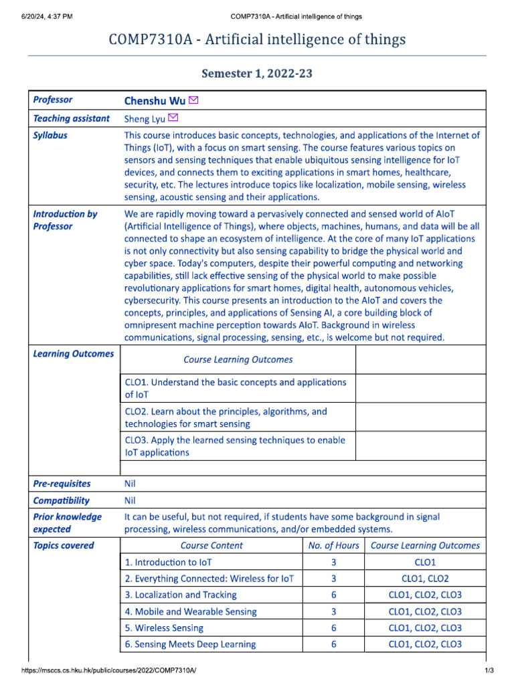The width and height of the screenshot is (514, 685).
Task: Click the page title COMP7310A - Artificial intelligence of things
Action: coord(257,40)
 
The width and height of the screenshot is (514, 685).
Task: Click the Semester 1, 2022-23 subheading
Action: coord(257,74)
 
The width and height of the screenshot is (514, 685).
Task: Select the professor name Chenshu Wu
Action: coord(155,101)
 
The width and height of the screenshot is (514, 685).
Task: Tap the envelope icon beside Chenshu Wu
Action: coord(194,101)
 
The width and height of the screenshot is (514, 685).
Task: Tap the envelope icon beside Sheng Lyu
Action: coord(173,118)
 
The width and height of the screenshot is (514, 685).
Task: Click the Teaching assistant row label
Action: coord(71,118)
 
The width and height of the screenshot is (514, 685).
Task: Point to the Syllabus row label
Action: coord(50,135)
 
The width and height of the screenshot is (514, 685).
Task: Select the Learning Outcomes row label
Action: coord(73,354)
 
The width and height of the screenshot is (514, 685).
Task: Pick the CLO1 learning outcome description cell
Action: coord(236,389)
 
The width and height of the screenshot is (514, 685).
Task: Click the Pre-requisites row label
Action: coord(62,484)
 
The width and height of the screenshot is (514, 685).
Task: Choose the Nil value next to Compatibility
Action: coord(131,500)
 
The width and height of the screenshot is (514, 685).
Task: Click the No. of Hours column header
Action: coord(333,545)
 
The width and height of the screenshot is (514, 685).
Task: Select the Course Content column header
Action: coord(211,545)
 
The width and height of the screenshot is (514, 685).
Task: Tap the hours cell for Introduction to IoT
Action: coord(333,563)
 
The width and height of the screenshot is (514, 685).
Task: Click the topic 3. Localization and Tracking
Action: coord(181,595)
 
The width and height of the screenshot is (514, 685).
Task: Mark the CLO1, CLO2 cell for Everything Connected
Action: coord(425,579)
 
